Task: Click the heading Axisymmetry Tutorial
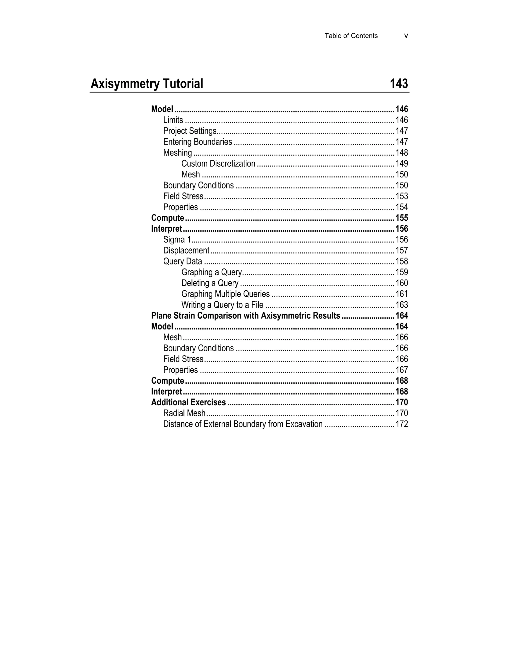coord(147,84)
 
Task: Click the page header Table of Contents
coord(351,36)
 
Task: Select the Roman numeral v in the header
coord(406,36)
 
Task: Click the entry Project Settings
coord(190,131)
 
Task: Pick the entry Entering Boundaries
coord(198,142)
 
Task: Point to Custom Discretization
coord(218,164)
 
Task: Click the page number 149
coord(402,164)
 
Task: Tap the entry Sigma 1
coord(177,240)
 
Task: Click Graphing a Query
coord(211,272)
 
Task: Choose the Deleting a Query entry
coord(210,283)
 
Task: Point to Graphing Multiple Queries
coord(225,294)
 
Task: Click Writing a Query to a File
coord(222,305)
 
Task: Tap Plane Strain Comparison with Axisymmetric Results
coord(245,316)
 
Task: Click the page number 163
coord(402,305)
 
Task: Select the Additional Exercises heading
coord(188,403)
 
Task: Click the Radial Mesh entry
coord(184,413)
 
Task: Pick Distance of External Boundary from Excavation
coord(243,424)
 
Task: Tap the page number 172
coord(402,424)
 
